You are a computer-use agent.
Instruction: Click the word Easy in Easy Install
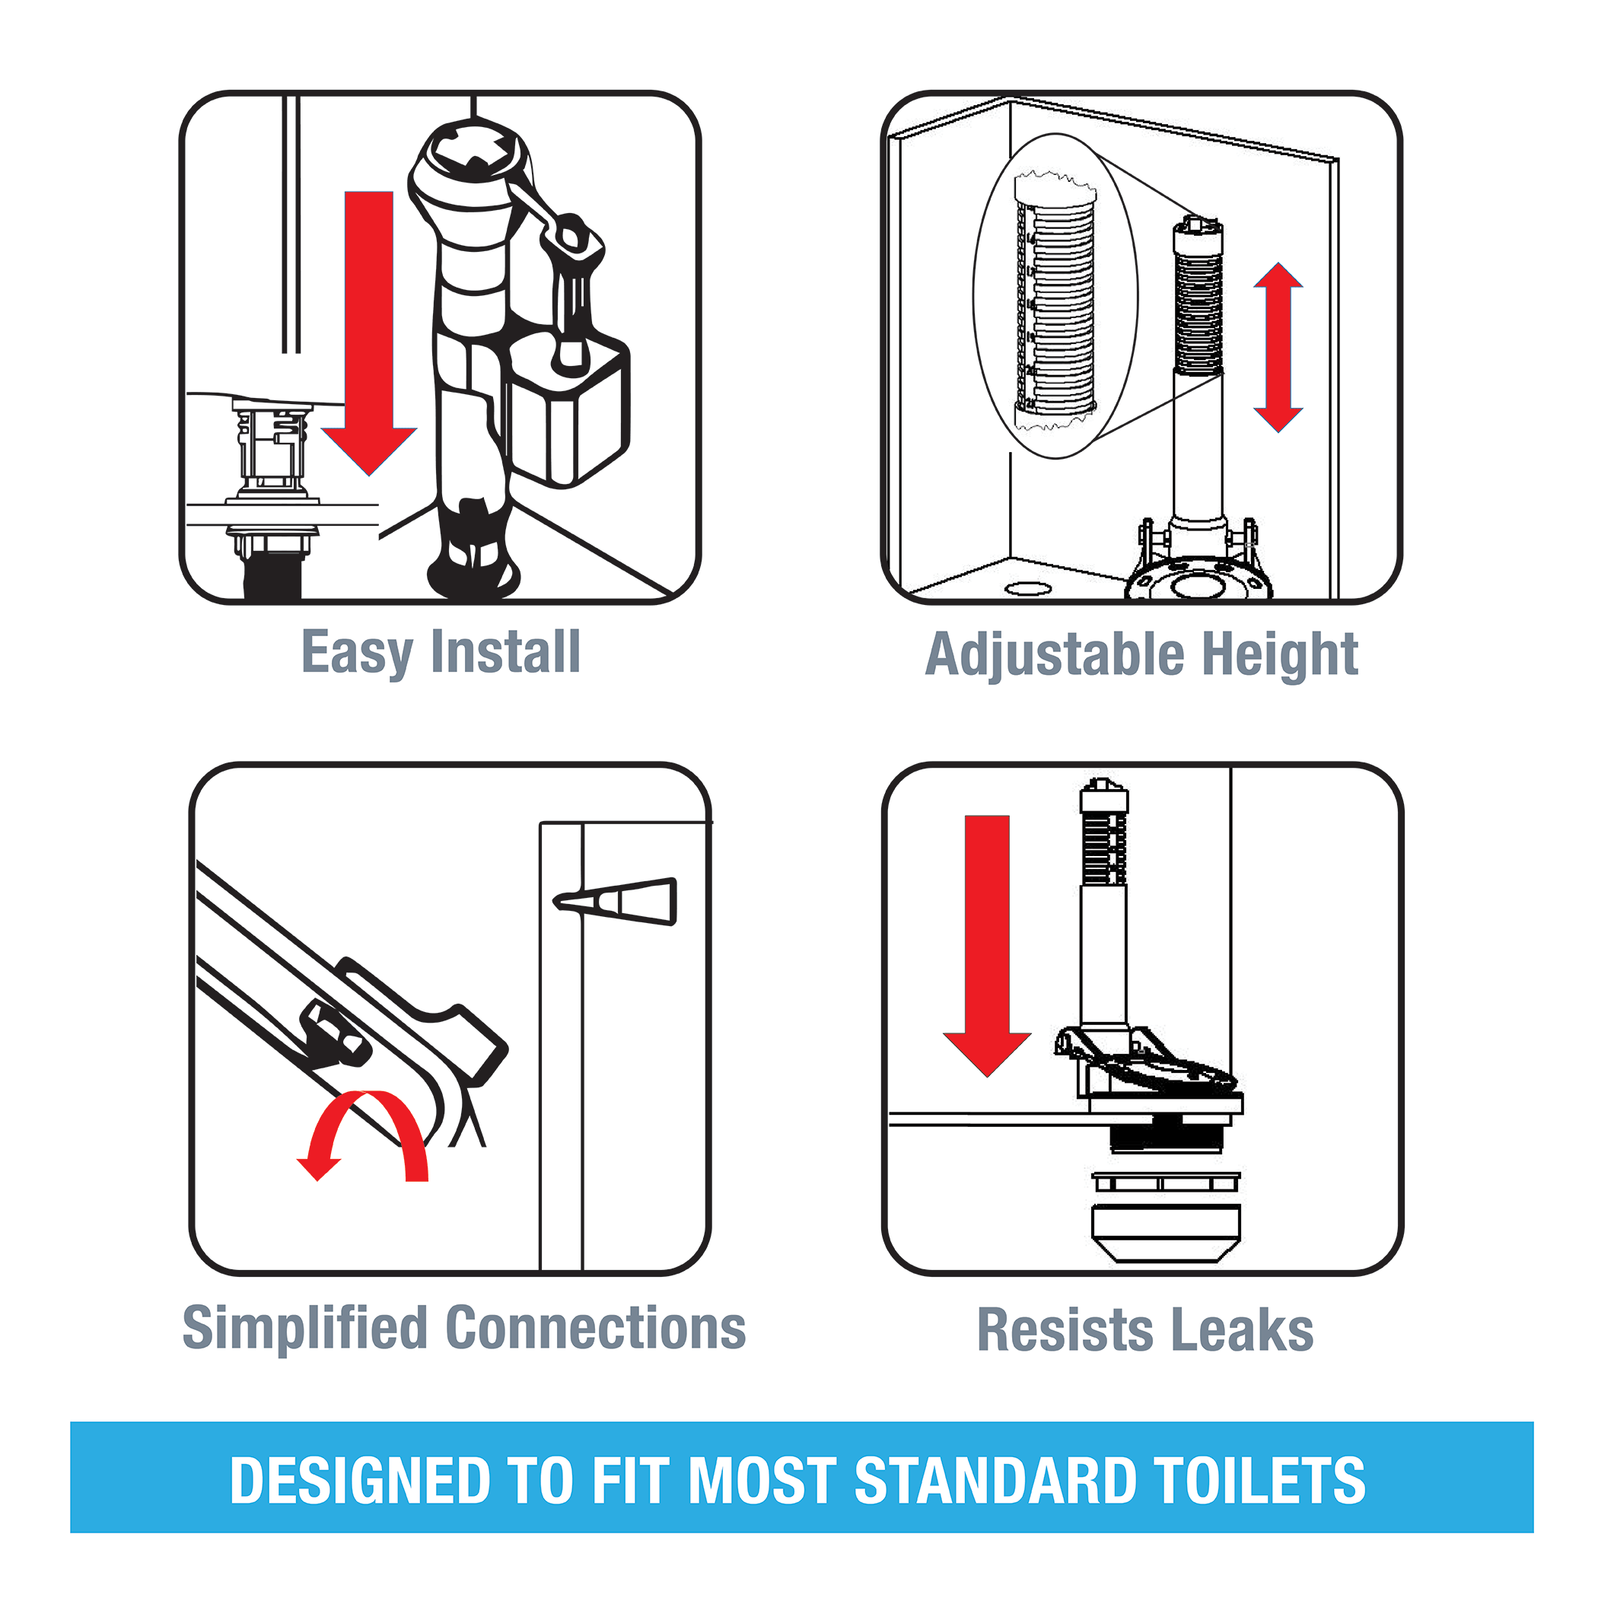356,653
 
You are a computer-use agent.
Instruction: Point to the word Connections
595,1328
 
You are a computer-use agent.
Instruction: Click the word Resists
1065,1330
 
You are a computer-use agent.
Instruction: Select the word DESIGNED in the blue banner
361,1481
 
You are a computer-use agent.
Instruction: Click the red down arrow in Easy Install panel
369,331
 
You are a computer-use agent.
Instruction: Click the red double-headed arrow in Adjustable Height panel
1278,348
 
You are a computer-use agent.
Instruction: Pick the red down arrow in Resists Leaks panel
987,943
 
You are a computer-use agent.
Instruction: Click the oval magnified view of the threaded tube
1055,296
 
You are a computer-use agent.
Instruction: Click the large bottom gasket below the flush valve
1166,1233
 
